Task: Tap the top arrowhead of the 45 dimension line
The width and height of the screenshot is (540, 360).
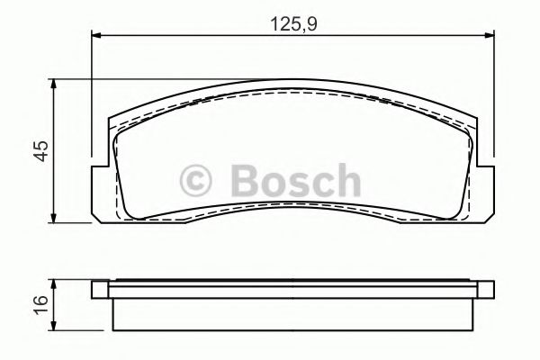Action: coord(56,84)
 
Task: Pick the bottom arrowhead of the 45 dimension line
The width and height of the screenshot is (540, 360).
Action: coord(56,219)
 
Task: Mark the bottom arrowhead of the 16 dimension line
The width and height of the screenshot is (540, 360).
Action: coord(56,328)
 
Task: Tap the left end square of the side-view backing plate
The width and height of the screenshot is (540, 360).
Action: coord(100,289)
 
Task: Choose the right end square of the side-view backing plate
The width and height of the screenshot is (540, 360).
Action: coord(486,289)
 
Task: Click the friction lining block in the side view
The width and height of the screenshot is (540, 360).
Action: coord(293,313)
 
